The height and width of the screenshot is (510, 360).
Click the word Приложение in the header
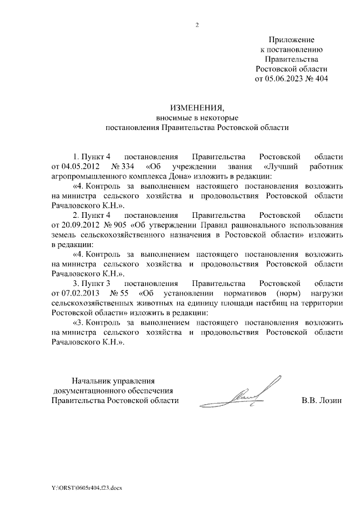291,40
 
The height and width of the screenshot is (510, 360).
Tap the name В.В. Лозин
322,401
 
